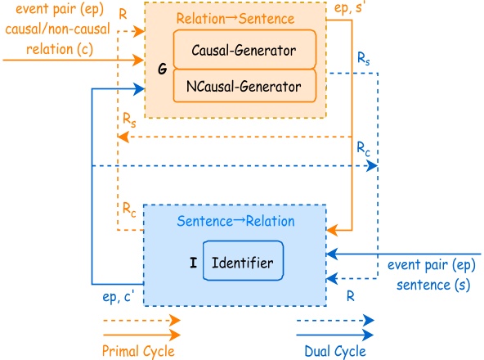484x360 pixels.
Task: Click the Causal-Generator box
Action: click(x=244, y=49)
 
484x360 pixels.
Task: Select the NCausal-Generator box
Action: click(x=244, y=84)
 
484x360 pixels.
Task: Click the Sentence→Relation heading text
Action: click(x=235, y=221)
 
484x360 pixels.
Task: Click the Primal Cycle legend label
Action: click(x=140, y=350)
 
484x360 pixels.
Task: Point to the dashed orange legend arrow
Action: click(x=140, y=321)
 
